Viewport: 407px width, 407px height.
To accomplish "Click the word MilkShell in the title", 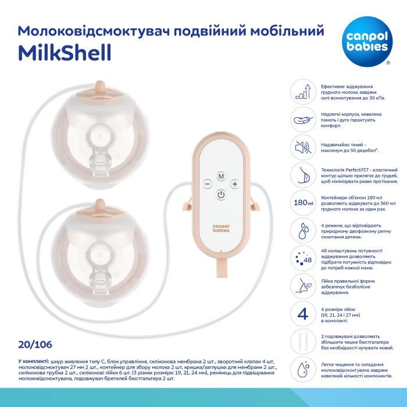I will (x=65, y=51).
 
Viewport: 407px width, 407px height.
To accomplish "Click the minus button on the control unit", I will (x=206, y=184).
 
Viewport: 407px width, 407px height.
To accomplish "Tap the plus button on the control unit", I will (x=235, y=184).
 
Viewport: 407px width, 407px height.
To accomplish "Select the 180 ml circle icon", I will (x=302, y=203).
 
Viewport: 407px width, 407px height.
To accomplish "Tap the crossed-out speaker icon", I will (x=302, y=147).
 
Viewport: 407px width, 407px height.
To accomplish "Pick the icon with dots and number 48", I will (x=302, y=258).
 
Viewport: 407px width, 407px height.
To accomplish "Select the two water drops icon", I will (x=302, y=230).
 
